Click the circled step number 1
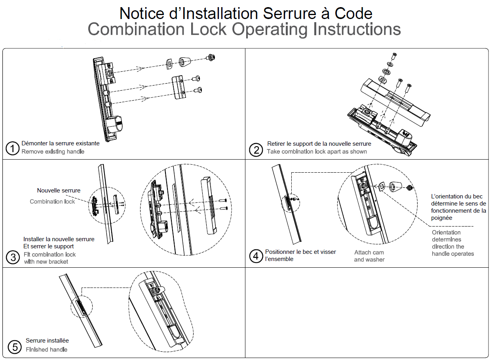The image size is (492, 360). click(x=13, y=149)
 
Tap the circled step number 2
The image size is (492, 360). click(x=256, y=150)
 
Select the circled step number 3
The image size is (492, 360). click(x=13, y=257)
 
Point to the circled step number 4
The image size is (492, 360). click(x=256, y=256)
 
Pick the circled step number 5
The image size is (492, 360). click(x=15, y=347)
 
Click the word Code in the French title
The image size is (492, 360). click(x=353, y=13)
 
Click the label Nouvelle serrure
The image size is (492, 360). click(x=59, y=190)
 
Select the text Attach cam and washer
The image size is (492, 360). click(x=369, y=256)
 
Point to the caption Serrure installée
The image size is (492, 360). click(x=47, y=341)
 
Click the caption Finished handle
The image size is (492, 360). click(x=46, y=349)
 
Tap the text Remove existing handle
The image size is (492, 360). click(x=53, y=151)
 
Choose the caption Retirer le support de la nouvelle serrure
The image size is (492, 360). click(x=319, y=143)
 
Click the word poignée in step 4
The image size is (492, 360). click(x=441, y=218)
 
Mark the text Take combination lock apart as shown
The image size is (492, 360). click(x=317, y=151)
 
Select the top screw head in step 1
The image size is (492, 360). click(x=211, y=58)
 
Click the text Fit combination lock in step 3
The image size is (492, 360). click(x=49, y=254)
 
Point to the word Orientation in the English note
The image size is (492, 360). click(x=446, y=232)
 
